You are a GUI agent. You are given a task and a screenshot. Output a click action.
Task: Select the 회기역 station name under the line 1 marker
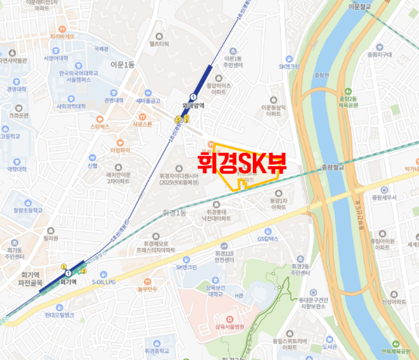(68, 283)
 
